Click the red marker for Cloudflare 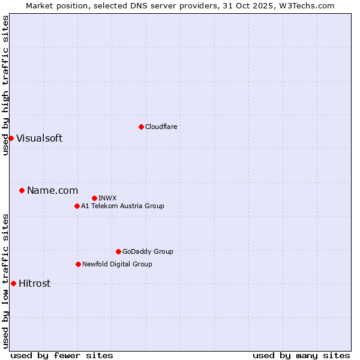tap(141, 127)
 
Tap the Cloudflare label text tap(161, 127)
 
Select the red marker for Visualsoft tap(11, 138)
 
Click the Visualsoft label tap(39, 138)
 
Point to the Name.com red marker tap(22, 190)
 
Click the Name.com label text tap(52, 190)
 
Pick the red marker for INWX tap(94, 198)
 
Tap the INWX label tap(107, 198)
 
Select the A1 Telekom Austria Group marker tap(77, 206)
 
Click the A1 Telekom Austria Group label tap(122, 206)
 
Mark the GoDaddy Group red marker tap(118, 251)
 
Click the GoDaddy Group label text tap(148, 251)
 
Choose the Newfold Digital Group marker tap(78, 264)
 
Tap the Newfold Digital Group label tap(117, 264)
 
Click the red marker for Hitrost tap(13, 283)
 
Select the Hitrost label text tap(34, 283)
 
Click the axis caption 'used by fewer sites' tap(62, 355)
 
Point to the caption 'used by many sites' tap(301, 355)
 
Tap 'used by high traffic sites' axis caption tap(5, 85)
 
